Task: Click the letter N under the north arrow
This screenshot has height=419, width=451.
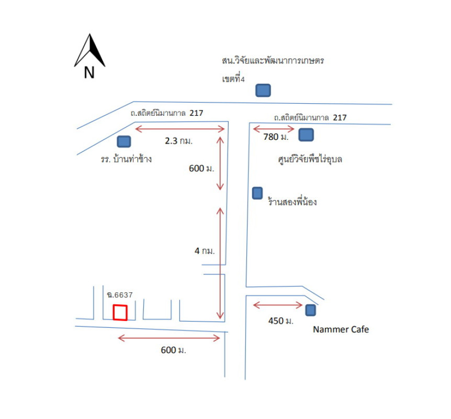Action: point(89,73)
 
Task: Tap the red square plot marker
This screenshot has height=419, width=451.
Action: point(120,313)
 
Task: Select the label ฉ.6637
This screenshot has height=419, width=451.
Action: point(119,295)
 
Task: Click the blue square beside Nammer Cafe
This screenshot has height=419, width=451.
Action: point(311,310)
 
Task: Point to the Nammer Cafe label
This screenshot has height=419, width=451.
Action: point(341,329)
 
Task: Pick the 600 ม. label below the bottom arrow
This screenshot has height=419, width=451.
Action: point(173,350)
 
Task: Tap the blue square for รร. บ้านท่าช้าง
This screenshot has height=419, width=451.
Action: point(124,141)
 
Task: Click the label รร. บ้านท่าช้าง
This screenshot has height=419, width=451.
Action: point(126,159)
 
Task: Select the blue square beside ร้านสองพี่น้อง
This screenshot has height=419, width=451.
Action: point(257,193)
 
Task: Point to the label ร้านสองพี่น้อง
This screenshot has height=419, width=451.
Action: point(292,202)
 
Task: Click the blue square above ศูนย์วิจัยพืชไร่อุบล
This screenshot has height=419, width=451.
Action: point(306,135)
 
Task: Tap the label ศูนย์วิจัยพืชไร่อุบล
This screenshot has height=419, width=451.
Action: point(310,159)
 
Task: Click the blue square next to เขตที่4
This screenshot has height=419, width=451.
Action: point(263,91)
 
